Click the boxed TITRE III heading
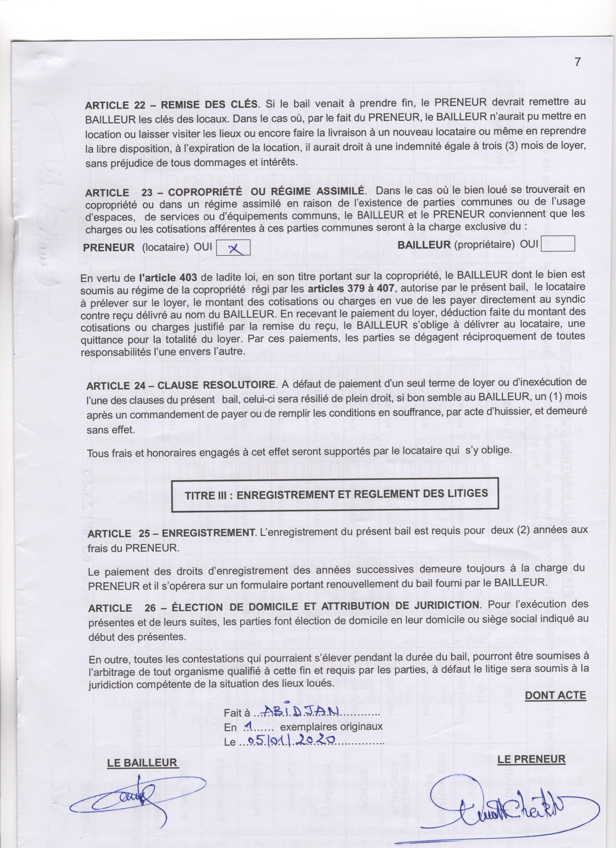pos(336,494)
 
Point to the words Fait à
pos(236,713)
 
